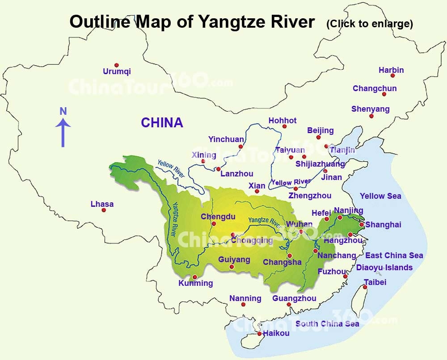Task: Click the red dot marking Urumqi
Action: (x=117, y=65)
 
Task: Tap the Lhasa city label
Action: (x=102, y=204)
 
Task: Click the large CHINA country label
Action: (x=162, y=123)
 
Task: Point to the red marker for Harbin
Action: (x=392, y=75)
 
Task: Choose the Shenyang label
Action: (x=370, y=109)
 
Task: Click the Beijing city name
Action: (x=320, y=130)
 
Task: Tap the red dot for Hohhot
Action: (x=284, y=126)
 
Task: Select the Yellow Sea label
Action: (x=380, y=196)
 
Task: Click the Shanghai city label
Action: (x=383, y=225)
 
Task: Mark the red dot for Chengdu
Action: (x=214, y=224)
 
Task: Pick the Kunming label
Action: (x=195, y=283)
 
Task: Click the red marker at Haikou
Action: (x=259, y=334)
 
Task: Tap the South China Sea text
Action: (x=327, y=323)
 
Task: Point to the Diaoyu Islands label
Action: (x=384, y=268)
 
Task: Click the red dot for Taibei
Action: (x=365, y=287)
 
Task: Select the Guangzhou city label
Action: (x=294, y=298)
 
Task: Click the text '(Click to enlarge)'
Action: (x=369, y=23)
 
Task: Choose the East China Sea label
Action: (x=394, y=255)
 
